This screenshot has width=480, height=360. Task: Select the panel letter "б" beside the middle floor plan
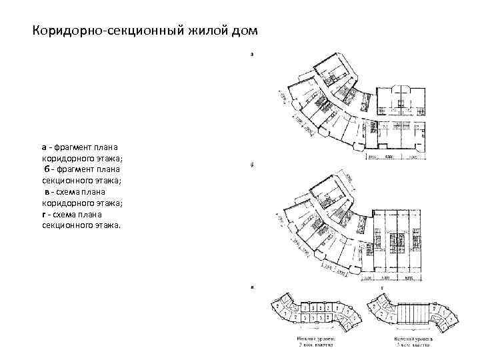click(x=251, y=164)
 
